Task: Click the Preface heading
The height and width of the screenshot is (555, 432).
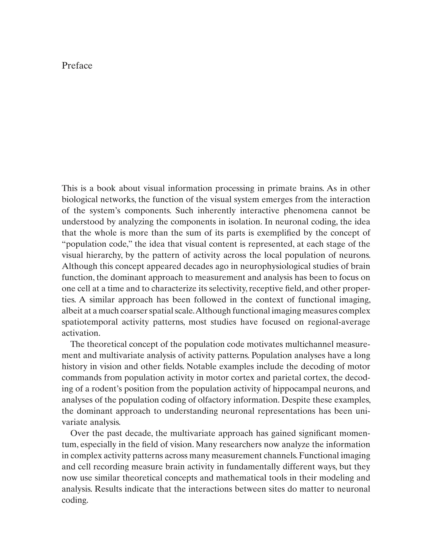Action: coord(77,66)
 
